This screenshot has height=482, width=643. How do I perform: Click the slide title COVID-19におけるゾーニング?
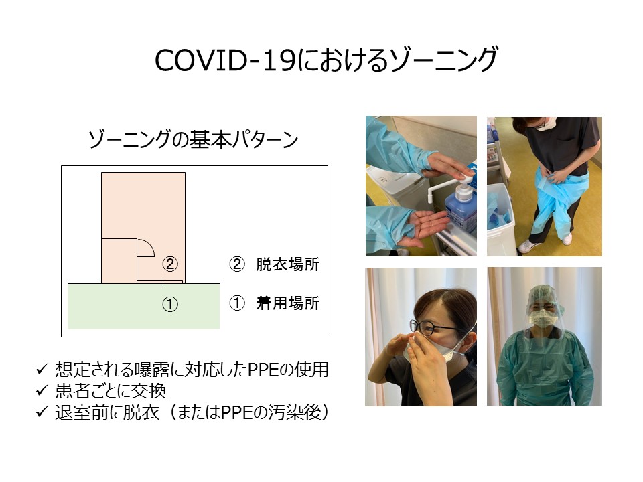coord(326,60)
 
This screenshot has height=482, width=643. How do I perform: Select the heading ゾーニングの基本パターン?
coord(193,139)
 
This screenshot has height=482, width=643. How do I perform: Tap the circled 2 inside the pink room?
coord(170,264)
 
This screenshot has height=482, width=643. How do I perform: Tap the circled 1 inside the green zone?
coord(170,305)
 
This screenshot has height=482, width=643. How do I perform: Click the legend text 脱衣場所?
coord(288,264)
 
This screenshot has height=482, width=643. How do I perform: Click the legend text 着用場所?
coord(288,303)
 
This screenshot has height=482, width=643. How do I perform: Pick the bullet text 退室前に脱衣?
coord(107,412)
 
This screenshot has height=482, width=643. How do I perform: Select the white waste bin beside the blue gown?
coord(501,220)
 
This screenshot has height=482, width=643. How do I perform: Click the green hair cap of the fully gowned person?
coord(545,296)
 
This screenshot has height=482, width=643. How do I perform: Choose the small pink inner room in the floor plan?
coord(119,260)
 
